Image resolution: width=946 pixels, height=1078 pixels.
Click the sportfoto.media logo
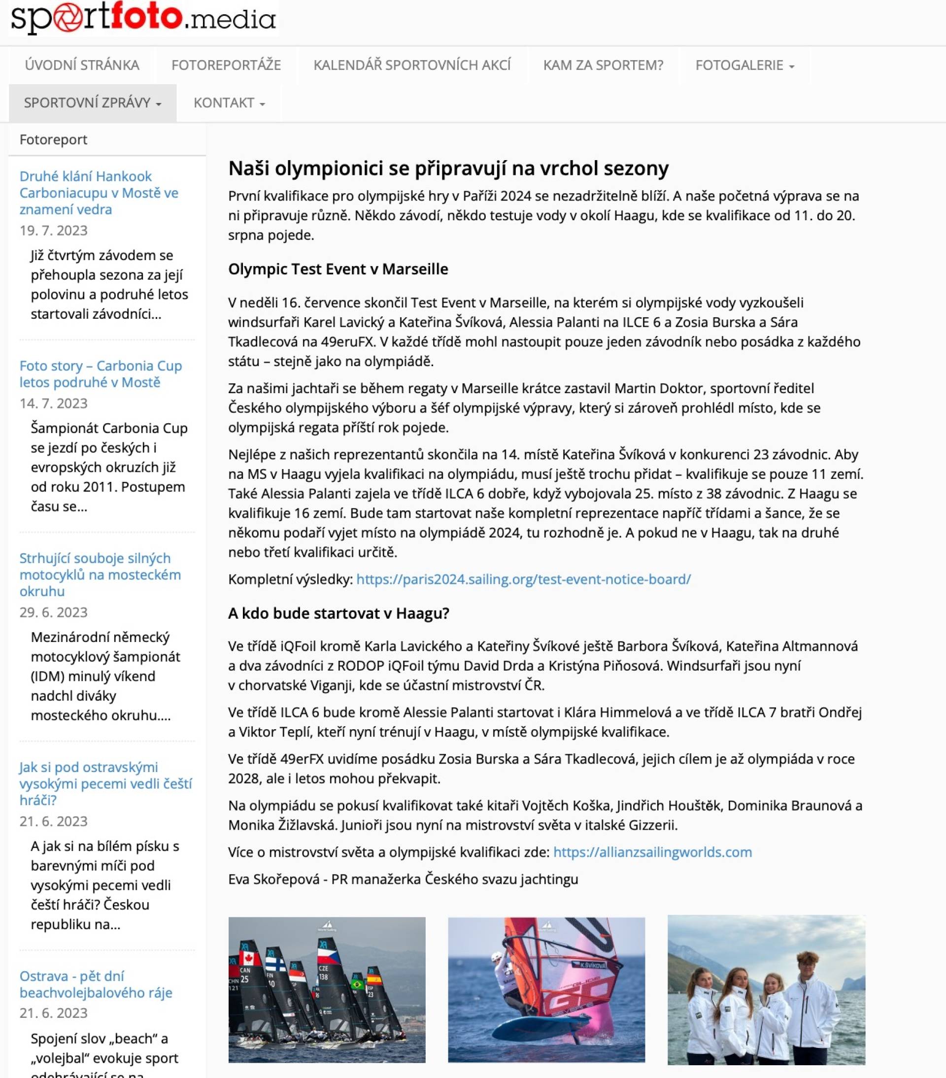pyautogui.click(x=143, y=18)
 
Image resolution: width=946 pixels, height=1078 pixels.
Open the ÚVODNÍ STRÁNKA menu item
pyautogui.click(x=82, y=65)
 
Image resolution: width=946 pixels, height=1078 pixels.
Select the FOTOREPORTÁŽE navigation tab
pyautogui.click(x=226, y=65)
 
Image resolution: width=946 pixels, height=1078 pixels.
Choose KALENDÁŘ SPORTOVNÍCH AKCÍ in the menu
pyautogui.click(x=412, y=65)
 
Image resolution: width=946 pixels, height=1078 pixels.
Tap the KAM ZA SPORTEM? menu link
pyautogui.click(x=603, y=65)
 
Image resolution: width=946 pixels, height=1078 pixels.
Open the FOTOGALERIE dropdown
pyautogui.click(x=744, y=65)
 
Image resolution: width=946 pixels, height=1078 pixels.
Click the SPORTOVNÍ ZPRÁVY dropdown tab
pyautogui.click(x=92, y=102)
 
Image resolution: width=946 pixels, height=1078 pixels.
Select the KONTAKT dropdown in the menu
pyautogui.click(x=229, y=102)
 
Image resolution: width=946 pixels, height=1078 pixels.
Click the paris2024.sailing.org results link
pyautogui.click(x=523, y=579)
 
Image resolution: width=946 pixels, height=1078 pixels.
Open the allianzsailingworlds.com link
pyautogui.click(x=652, y=852)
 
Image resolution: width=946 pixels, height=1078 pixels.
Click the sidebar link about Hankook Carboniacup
pyautogui.click(x=99, y=193)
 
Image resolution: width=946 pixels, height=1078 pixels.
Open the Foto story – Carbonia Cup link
pyautogui.click(x=100, y=373)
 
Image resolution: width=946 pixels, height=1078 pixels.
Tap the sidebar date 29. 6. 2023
pyautogui.click(x=53, y=612)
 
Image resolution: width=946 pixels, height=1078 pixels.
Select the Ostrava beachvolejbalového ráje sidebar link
pyautogui.click(x=96, y=984)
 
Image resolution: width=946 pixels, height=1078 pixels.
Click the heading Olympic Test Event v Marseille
pyautogui.click(x=338, y=269)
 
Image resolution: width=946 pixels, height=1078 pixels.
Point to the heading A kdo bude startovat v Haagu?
pyautogui.click(x=338, y=613)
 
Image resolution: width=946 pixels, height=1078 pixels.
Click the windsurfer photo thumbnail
pyautogui.click(x=546, y=989)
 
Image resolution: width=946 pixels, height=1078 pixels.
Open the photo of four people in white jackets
pyautogui.click(x=766, y=989)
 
